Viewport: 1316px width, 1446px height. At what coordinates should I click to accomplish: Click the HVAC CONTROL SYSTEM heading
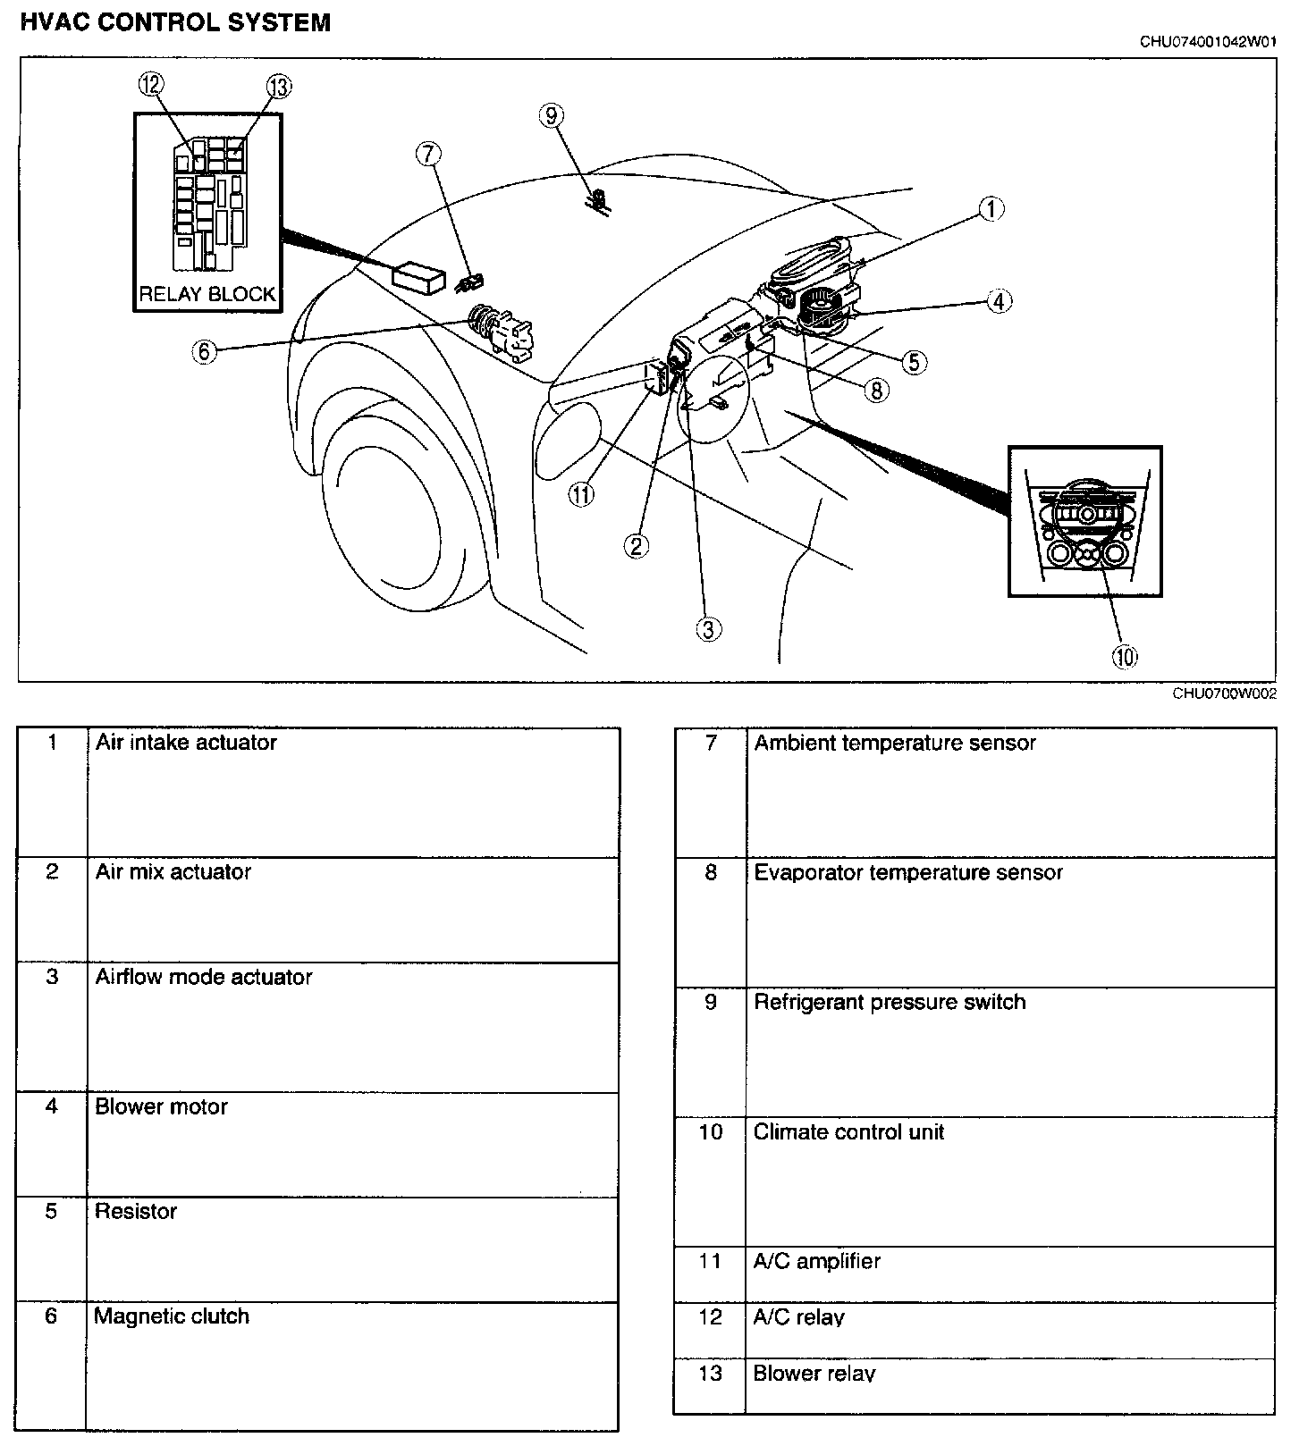tap(175, 23)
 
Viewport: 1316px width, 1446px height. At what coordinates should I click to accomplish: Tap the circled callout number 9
tap(552, 115)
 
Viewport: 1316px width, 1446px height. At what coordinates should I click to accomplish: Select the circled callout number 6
tap(204, 351)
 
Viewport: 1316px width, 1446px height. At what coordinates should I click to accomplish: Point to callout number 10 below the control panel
tap(1124, 657)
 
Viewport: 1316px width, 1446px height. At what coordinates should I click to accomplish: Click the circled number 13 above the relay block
tap(279, 87)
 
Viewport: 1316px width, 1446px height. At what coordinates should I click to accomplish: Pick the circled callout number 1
tap(991, 209)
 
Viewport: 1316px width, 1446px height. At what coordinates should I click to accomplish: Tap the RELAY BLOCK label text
tap(207, 294)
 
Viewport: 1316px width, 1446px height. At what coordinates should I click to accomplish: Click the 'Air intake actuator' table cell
tap(186, 743)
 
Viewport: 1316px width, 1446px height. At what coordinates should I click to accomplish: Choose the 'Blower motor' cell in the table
tap(162, 1106)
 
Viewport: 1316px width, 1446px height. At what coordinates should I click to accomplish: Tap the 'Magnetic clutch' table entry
tap(172, 1316)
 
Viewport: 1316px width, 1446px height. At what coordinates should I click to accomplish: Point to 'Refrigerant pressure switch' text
tap(890, 1002)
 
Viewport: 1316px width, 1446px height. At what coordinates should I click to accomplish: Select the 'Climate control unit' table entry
tap(848, 1132)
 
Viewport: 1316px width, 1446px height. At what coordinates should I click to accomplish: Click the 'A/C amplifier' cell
tap(817, 1261)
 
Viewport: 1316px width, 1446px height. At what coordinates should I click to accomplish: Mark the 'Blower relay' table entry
tap(814, 1374)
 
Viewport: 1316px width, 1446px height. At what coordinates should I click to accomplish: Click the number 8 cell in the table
tap(711, 872)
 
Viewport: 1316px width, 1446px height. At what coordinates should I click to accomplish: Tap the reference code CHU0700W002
tap(1224, 694)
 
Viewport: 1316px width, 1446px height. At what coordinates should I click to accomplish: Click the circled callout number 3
tap(708, 629)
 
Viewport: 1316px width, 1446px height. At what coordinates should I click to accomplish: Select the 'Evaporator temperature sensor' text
tap(908, 872)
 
